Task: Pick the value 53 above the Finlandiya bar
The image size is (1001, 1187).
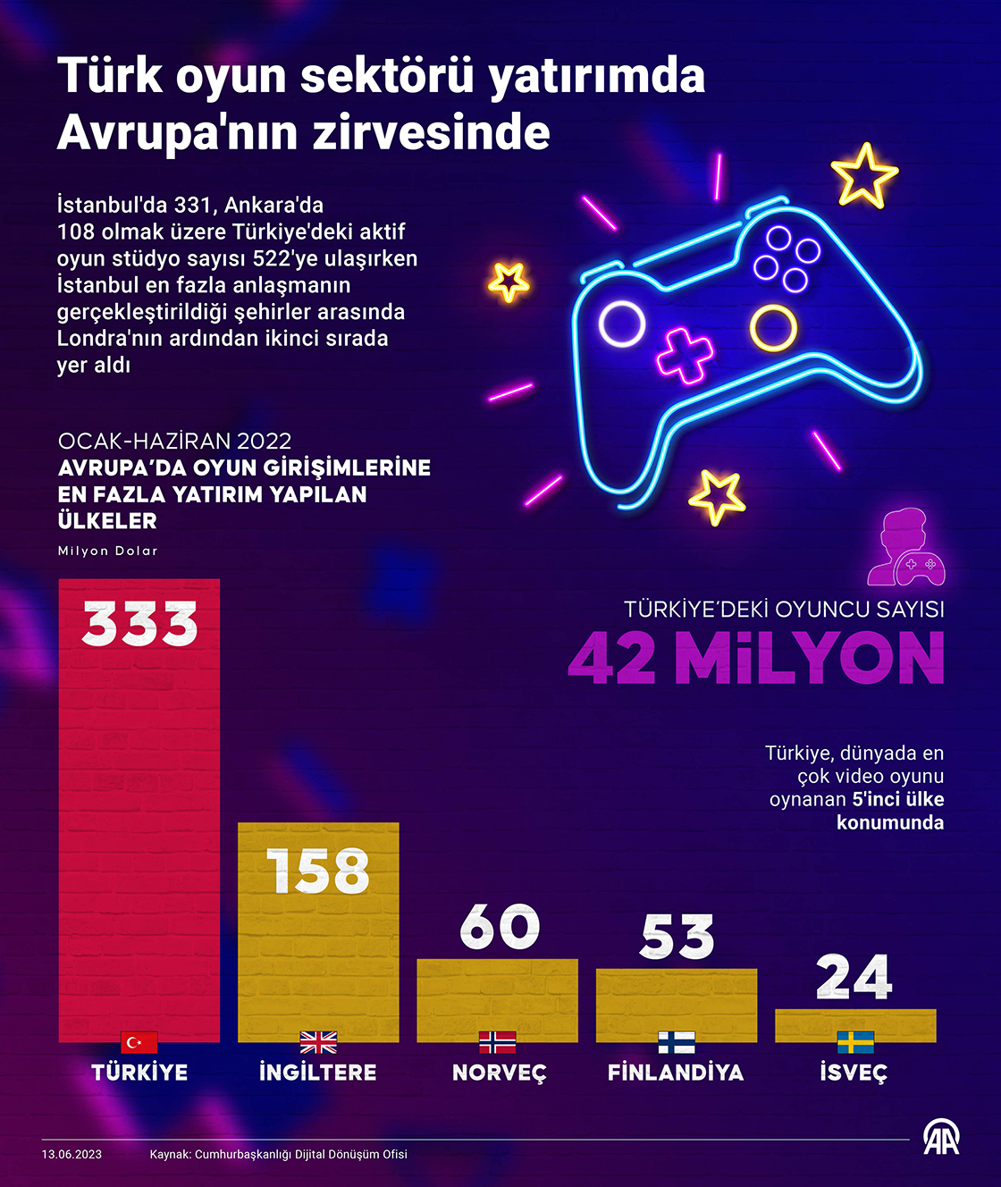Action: tap(677, 937)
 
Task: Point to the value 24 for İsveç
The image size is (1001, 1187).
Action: tap(854, 977)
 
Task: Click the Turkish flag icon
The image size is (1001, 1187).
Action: tap(139, 1042)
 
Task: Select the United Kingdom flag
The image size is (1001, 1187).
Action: tap(318, 1042)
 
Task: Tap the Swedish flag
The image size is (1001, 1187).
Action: tap(855, 1042)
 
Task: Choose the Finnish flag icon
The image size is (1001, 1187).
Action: tap(677, 1042)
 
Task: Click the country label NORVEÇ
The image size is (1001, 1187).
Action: tap(499, 1073)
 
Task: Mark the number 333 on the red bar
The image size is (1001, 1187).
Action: tap(139, 623)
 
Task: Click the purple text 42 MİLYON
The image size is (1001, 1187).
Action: tap(756, 659)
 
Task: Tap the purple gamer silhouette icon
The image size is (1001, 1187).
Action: tap(905, 547)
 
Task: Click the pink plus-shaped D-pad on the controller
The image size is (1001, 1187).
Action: tap(685, 355)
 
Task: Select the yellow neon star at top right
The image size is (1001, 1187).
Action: tap(863, 174)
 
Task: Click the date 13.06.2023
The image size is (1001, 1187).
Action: tap(71, 1154)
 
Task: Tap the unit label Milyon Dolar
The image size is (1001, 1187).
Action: tap(107, 551)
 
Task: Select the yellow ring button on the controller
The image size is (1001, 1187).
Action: tap(773, 327)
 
